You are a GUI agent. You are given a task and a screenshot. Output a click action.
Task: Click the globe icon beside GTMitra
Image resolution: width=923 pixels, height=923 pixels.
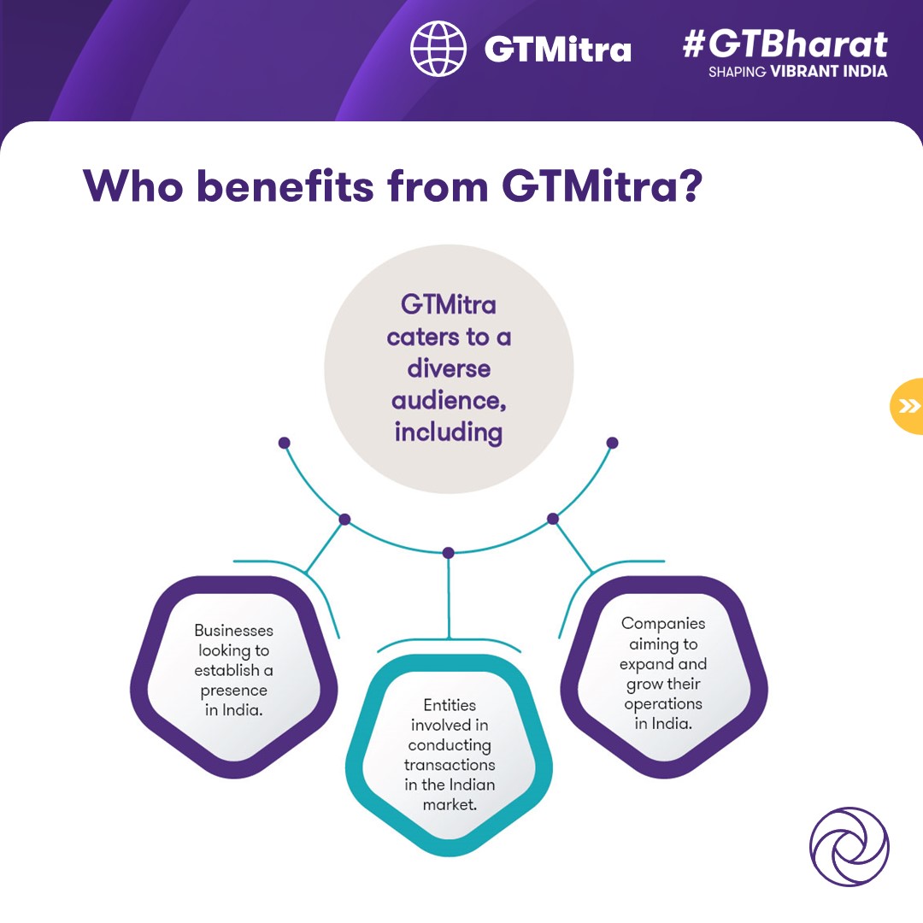click(438, 49)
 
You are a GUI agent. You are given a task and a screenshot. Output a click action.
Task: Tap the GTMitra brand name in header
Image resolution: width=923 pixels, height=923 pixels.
click(558, 49)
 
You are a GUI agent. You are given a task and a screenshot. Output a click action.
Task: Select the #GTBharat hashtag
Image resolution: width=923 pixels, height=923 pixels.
click(785, 44)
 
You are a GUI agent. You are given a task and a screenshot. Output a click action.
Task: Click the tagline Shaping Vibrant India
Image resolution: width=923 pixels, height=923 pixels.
click(797, 72)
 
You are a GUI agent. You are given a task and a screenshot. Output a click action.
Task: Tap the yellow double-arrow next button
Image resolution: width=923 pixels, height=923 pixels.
click(908, 406)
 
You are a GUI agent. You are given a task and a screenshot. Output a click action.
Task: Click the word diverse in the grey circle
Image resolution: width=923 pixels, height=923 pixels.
click(449, 368)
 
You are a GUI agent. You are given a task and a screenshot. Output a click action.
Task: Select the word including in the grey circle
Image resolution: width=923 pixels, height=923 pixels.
click(449, 432)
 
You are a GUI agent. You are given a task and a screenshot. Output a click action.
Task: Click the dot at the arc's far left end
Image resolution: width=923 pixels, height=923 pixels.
click(285, 443)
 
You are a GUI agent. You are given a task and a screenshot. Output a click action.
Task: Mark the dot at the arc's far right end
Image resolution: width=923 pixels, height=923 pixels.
click(612, 443)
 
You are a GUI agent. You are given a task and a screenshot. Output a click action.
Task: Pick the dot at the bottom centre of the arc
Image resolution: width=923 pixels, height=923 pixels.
click(449, 553)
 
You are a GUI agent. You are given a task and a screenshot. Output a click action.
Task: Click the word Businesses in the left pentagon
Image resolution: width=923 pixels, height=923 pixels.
click(233, 631)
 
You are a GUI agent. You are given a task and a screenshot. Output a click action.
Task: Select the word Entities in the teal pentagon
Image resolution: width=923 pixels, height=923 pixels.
click(449, 706)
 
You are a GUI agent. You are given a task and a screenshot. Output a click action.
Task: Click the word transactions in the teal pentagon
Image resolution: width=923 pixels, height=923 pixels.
click(449, 765)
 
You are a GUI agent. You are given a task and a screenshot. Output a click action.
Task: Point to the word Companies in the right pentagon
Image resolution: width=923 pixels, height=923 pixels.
click(663, 624)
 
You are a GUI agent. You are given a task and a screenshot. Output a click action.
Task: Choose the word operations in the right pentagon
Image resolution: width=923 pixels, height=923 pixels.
click(663, 704)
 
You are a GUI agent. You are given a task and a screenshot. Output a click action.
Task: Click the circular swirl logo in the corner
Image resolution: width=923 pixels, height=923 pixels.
click(849, 847)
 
